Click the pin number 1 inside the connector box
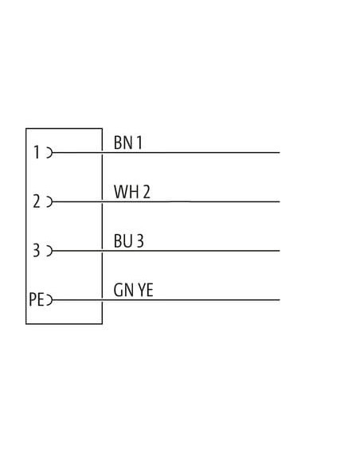point(37,152)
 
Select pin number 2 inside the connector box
point(37,201)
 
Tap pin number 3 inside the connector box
point(36,250)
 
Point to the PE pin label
point(37,299)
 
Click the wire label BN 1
point(127,143)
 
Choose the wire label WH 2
point(132,192)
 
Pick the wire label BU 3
point(129,240)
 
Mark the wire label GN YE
point(134,290)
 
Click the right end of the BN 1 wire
point(280,153)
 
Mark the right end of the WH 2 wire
point(280,201)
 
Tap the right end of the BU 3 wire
point(280,251)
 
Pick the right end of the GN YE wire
point(280,300)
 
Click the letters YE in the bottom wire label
point(146,290)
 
